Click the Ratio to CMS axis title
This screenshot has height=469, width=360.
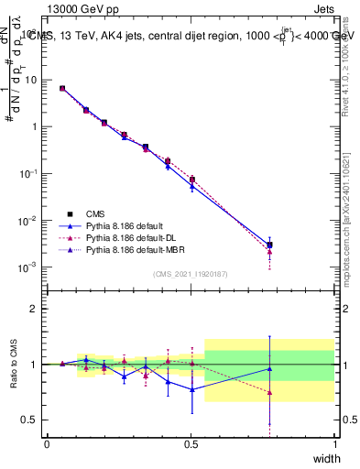pyautogui.click(x=14, y=364)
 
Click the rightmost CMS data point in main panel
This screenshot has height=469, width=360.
pyautogui.click(x=269, y=245)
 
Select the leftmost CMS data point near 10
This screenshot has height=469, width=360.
pyautogui.click(x=62, y=88)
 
